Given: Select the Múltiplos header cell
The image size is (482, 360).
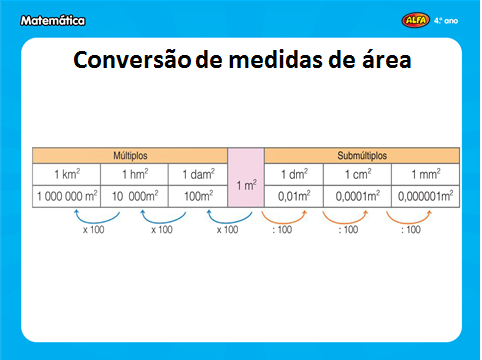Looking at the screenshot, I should point(131,156).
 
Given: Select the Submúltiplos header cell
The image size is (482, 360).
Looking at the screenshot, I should point(361,156).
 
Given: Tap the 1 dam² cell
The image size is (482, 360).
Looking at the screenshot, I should point(197,175).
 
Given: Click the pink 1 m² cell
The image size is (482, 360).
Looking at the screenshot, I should point(246,185).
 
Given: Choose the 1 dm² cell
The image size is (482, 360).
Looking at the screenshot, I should point(295,175).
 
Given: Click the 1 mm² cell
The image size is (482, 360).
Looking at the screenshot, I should point(426,175).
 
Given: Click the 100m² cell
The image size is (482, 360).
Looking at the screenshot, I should point(197,197).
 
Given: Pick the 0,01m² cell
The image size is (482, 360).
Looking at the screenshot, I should point(295,197).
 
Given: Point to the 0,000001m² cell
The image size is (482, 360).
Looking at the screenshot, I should point(426,197).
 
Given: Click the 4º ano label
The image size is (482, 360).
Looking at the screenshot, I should point(447,18).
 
